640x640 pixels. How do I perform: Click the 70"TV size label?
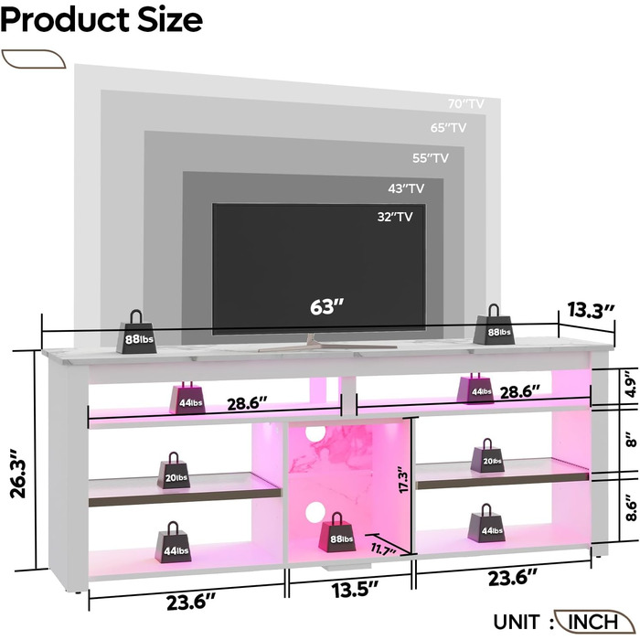(465, 103)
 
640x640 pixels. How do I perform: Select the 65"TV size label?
(448, 128)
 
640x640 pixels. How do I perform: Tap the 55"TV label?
(431, 158)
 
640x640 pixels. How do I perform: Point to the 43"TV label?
(406, 188)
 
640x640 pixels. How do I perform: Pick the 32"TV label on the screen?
(395, 217)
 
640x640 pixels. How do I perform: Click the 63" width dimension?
(326, 307)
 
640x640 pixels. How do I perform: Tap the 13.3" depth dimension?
(591, 310)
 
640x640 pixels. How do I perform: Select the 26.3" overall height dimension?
(19, 474)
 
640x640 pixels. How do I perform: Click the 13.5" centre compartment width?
(355, 590)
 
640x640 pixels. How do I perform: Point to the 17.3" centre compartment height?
(403, 480)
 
